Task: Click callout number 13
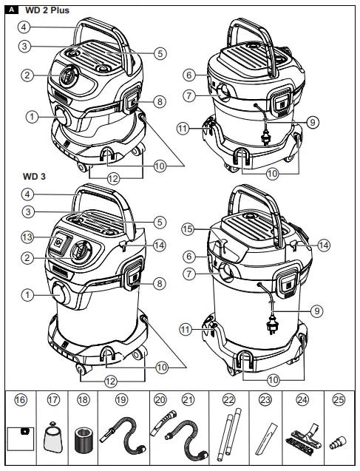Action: tap(27, 237)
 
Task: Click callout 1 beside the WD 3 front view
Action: tap(27, 294)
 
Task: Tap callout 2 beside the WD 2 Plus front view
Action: tap(27, 74)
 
